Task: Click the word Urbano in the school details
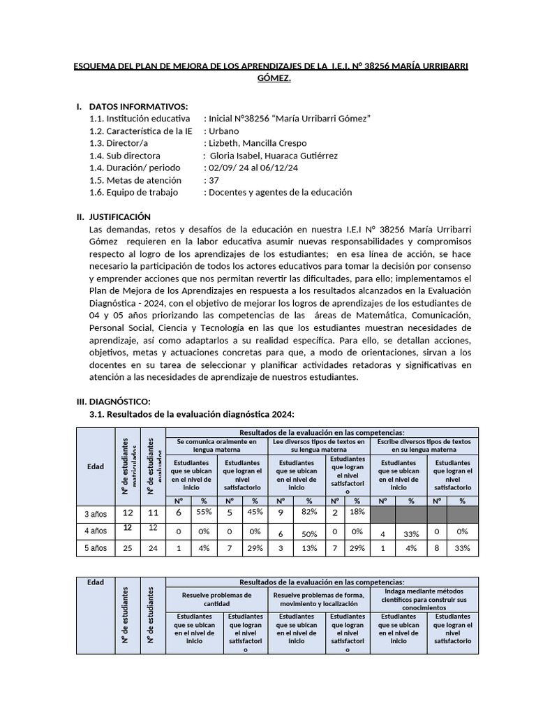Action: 221,131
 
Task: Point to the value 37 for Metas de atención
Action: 214,180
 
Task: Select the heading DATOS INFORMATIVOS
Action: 139,107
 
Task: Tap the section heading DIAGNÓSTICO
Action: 119,401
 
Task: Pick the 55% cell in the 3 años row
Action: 203,513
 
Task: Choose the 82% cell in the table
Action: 307,513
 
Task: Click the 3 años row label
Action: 96,515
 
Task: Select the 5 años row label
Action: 96,548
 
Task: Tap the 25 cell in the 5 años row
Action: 127,548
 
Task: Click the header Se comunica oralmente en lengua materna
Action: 216,446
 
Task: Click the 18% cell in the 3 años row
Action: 357,513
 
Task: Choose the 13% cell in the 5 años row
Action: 307,548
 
